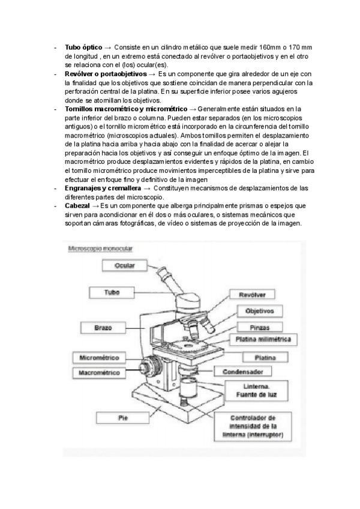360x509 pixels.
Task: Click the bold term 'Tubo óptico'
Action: click(x=83, y=47)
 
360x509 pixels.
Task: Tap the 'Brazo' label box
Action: click(x=103, y=328)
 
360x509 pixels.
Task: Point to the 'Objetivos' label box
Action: click(x=259, y=311)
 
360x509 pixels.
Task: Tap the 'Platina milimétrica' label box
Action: click(x=263, y=339)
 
